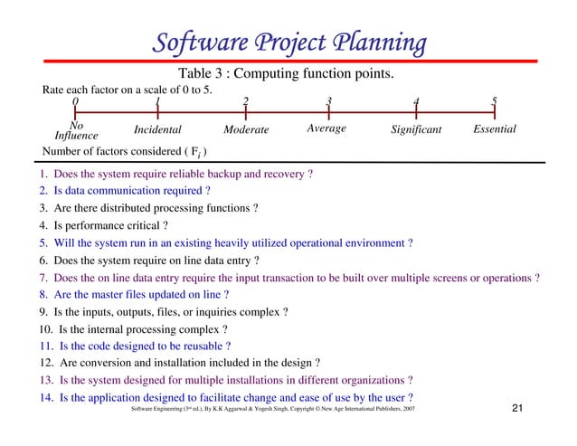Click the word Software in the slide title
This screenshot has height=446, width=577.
pos(190,43)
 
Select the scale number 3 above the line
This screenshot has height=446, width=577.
pos(329,101)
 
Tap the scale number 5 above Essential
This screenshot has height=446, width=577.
pos(494,101)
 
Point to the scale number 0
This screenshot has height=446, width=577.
pos(75,101)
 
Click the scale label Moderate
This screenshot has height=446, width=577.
pos(246,130)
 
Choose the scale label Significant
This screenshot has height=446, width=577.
pos(416,130)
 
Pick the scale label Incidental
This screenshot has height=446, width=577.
pos(157,130)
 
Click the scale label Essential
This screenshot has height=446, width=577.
pos(495,129)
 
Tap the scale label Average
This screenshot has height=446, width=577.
pos(326,129)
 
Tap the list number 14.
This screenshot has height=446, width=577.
pos(45,397)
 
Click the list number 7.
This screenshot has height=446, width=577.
pos(43,277)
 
